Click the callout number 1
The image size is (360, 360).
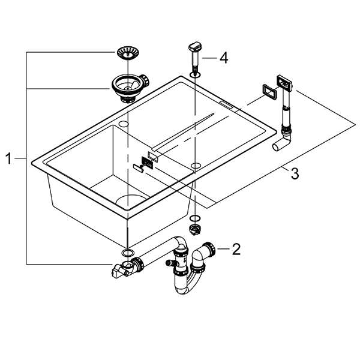point(8,158)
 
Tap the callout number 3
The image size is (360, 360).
point(294,174)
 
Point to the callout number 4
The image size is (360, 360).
point(223,58)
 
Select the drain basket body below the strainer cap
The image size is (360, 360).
point(127,87)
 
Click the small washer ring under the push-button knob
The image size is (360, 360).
point(196,74)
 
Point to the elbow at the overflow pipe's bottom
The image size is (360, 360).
point(281,142)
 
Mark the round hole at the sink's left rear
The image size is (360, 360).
point(124,123)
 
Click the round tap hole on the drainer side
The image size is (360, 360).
point(196,163)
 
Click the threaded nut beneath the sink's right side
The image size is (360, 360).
point(196,229)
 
